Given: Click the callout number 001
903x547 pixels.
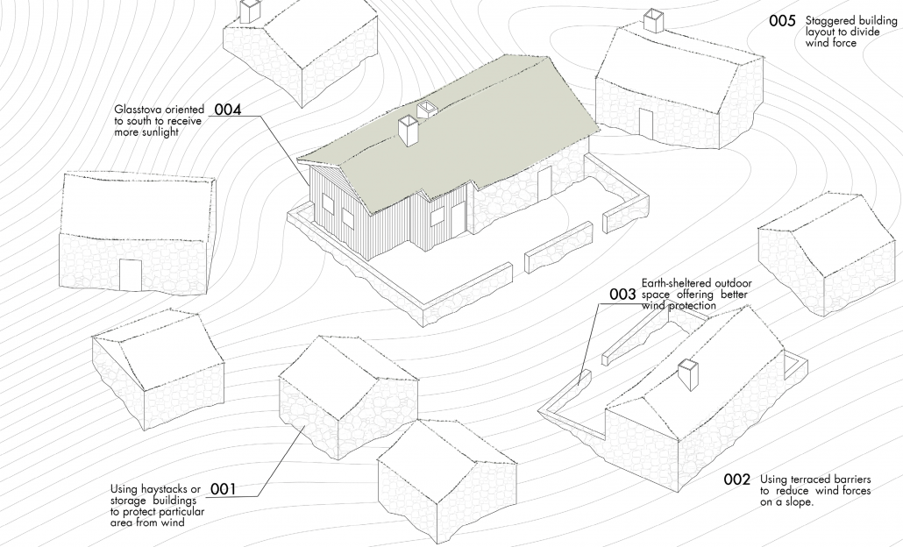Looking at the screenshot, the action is click(223, 489).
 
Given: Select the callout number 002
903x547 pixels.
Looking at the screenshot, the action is click(737, 480).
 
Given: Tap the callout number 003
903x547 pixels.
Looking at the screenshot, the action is click(622, 295).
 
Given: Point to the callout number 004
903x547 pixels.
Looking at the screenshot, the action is click(228, 110).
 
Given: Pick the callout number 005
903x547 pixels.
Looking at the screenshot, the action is click(782, 21).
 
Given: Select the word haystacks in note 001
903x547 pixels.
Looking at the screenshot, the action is click(163, 490).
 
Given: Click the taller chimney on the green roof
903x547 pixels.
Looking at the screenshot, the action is click(409, 130).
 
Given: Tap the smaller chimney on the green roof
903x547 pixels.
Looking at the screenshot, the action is click(427, 110).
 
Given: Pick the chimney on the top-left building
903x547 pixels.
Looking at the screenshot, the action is click(250, 11).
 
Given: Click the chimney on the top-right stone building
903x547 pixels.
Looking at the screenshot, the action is click(654, 21).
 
